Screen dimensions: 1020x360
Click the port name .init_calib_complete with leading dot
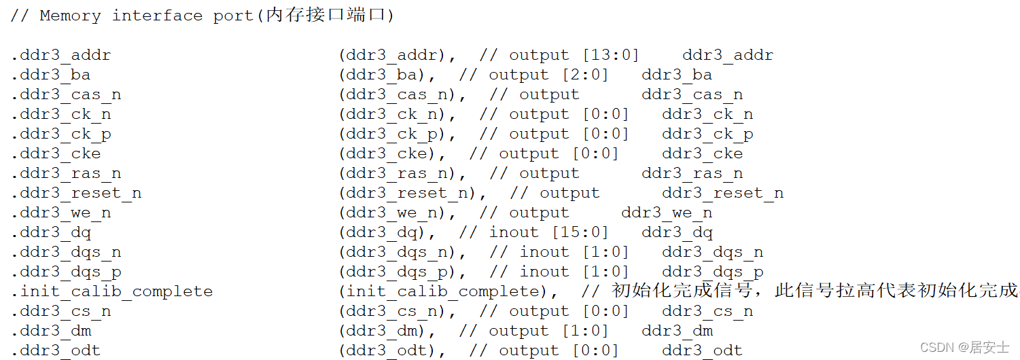tap(112, 291)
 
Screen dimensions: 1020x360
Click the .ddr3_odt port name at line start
tap(56, 350)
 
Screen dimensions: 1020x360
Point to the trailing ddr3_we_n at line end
tap(667, 213)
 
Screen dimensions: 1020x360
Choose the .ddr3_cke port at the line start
tap(56, 154)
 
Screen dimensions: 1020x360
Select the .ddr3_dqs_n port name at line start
tap(66, 252)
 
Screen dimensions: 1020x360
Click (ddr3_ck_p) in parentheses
tap(398, 134)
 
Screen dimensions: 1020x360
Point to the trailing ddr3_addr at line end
tap(728, 55)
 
